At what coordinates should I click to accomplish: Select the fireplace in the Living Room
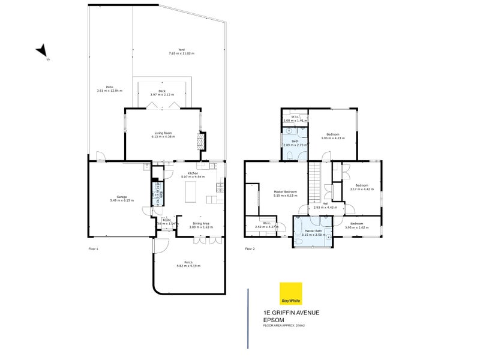[x=201, y=141]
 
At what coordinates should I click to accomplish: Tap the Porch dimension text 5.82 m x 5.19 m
[x=188, y=266]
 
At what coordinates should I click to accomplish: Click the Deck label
[x=162, y=91]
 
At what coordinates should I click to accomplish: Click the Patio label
[x=109, y=87]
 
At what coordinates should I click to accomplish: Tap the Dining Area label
[x=201, y=223]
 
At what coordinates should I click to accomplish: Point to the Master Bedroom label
[x=285, y=192]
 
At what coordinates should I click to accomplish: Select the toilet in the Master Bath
[x=298, y=242]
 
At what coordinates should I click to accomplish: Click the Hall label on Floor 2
[x=325, y=203]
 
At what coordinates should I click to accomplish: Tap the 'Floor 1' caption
[x=93, y=248]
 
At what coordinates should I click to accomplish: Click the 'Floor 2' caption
[x=250, y=248]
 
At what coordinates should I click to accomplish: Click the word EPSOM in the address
[x=274, y=320]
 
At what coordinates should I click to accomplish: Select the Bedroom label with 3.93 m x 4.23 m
[x=333, y=134]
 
